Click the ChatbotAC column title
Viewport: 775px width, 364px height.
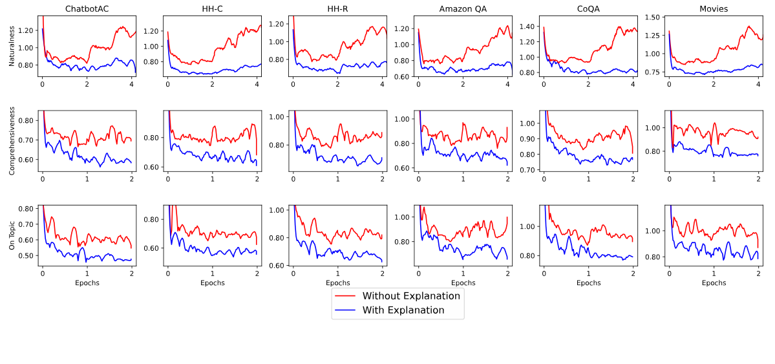click(87, 9)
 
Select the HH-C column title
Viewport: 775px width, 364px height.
click(212, 9)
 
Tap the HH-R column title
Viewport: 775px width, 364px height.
click(337, 9)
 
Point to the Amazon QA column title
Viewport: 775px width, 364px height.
click(463, 9)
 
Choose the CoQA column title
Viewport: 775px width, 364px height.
click(588, 9)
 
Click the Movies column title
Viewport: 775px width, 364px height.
click(714, 9)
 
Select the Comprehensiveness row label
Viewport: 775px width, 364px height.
click(12, 141)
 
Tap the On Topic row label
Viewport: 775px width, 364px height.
click(12, 235)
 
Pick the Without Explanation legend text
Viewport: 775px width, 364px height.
click(411, 296)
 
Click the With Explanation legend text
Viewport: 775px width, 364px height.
click(403, 310)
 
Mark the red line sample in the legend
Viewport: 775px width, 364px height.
click(346, 296)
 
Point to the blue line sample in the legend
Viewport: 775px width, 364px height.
click(346, 310)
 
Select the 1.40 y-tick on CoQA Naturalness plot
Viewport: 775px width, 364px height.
click(528, 27)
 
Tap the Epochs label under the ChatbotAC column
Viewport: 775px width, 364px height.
click(87, 283)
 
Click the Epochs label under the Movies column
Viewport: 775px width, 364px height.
click(714, 283)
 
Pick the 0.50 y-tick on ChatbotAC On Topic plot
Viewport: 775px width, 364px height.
click(27, 256)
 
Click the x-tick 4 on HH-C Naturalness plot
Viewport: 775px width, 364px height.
click(257, 85)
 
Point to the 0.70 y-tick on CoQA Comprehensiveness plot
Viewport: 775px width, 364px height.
click(528, 170)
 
